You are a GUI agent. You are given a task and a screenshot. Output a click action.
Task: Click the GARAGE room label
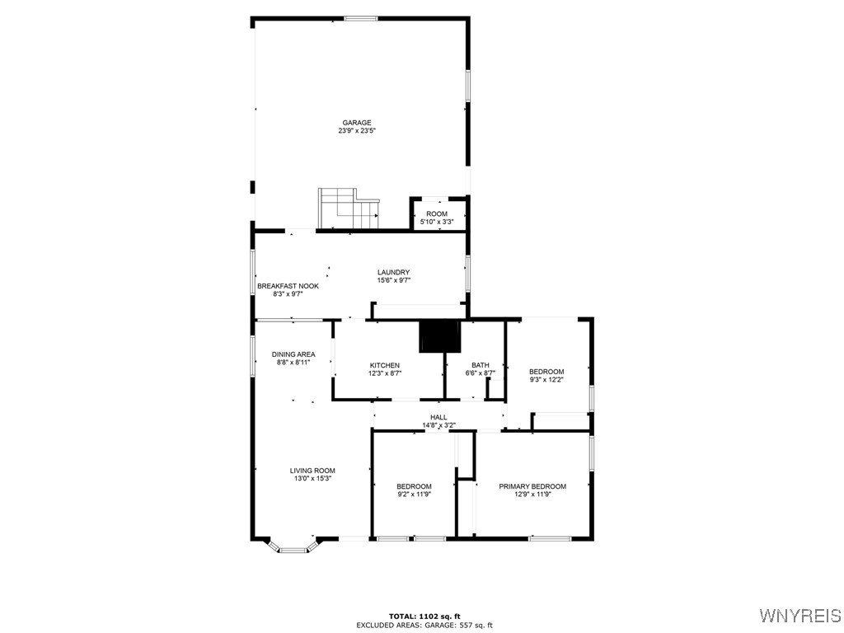tap(357, 123)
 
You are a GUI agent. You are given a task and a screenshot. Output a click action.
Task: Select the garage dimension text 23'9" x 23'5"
tap(357, 131)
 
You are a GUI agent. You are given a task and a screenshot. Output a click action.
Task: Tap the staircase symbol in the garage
tap(348, 208)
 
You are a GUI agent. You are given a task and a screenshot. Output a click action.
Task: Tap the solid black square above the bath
tap(439, 336)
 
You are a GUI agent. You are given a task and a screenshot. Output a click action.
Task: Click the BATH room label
tap(480, 365)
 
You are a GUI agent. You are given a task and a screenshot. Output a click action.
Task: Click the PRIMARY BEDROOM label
tap(532, 486)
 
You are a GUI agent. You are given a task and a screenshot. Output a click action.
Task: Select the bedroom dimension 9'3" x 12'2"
tap(546, 380)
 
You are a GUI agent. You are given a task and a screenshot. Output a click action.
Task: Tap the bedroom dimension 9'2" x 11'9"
tap(414, 495)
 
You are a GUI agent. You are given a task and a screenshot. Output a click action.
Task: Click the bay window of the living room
tap(293, 546)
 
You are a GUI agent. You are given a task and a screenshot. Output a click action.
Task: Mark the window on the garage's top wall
tap(361, 18)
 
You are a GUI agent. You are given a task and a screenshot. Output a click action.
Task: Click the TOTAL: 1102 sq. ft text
tap(424, 617)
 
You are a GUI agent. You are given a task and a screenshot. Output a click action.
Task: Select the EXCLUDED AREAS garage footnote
tap(424, 626)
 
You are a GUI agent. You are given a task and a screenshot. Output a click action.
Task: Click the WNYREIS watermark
tap(799, 616)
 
